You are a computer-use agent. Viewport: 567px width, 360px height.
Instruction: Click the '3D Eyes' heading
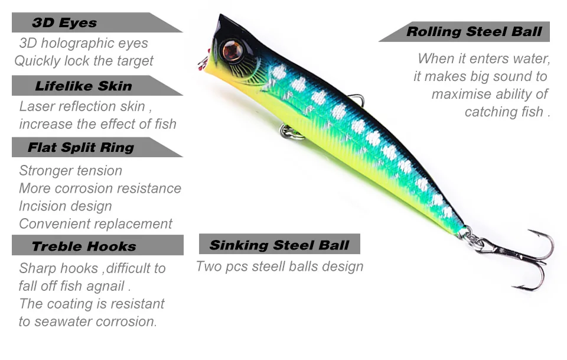click(x=64, y=23)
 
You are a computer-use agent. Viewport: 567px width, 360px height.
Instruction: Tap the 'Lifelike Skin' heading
click(x=83, y=86)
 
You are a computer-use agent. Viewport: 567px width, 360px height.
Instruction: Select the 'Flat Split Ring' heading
click(x=81, y=147)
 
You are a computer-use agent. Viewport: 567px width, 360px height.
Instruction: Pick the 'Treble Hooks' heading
click(x=84, y=246)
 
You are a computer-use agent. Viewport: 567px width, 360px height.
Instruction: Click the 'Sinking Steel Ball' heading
click(x=279, y=245)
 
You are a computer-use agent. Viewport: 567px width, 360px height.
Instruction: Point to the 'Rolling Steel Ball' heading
click(x=474, y=32)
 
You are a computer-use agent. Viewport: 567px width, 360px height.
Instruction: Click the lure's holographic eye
click(x=231, y=51)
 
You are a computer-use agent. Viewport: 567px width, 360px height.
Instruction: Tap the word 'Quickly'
click(x=37, y=61)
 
